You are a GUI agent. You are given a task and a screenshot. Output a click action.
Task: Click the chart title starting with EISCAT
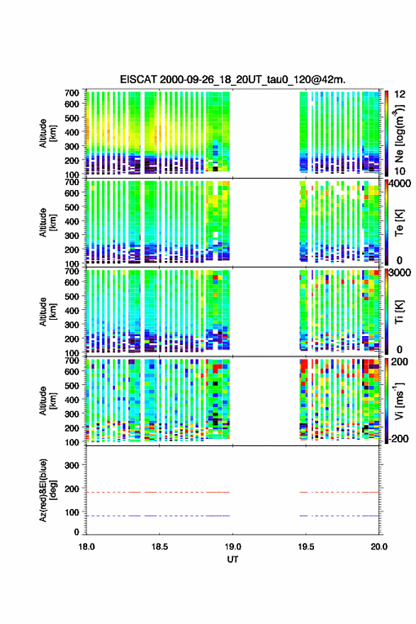pos(232,79)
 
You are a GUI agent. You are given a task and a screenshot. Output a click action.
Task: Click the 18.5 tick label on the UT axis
pos(159,547)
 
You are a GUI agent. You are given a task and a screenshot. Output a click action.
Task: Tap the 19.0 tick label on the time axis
pos(232,547)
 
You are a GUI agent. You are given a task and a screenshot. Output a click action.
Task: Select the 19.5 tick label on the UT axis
pos(306,547)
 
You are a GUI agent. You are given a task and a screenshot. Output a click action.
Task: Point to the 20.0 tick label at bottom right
pos(379,547)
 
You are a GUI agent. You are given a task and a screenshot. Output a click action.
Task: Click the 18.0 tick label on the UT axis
pos(86,547)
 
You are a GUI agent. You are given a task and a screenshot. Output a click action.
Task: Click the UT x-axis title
pos(232,559)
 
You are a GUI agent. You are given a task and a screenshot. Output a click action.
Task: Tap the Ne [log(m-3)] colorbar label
pos(399,134)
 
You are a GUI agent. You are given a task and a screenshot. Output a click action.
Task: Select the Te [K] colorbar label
pos(399,223)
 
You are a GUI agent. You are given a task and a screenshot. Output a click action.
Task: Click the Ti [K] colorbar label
pos(399,312)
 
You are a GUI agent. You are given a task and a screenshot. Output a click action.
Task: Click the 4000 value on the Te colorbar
pos(400,184)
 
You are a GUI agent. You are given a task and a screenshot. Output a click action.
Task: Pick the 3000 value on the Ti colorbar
pos(400,273)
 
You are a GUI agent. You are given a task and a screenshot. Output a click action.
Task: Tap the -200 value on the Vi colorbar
pos(398,438)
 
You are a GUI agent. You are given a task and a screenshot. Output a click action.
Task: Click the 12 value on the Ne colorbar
pos(400,94)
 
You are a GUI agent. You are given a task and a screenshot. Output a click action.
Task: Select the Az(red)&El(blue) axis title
pos(47,490)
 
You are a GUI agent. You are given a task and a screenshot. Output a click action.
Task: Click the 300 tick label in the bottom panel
pos(72,465)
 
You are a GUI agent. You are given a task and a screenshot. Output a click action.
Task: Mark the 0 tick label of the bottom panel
pos(77,532)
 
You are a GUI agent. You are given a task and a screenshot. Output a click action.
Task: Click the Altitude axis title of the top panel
pos(47,133)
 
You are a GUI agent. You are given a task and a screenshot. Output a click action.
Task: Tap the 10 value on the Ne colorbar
pos(400,171)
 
